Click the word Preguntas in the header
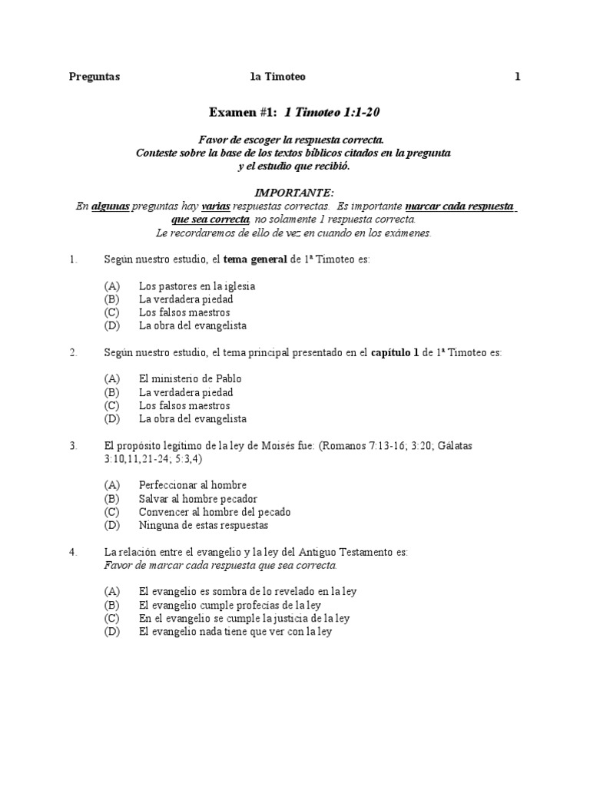94,76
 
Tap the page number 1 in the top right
518,76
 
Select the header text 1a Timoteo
278,76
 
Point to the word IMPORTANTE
294,192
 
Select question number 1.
73,259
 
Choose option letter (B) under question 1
112,299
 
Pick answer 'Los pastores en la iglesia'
197,286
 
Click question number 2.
73,352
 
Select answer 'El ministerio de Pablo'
191,378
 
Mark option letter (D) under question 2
112,419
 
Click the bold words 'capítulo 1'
395,352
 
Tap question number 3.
73,445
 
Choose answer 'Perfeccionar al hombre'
193,485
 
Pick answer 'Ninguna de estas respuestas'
204,526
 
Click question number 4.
73,552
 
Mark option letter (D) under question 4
112,632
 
